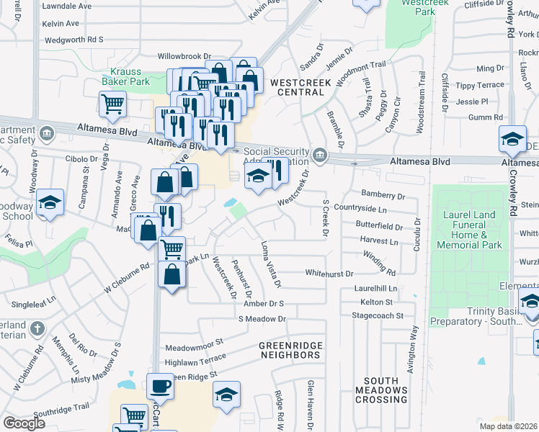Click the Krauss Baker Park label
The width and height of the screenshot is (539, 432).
tap(130, 76)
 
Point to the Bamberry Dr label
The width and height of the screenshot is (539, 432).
tap(384, 196)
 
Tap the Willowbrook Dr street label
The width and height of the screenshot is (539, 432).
tap(184, 55)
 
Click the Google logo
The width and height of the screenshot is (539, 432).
tap(24, 423)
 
